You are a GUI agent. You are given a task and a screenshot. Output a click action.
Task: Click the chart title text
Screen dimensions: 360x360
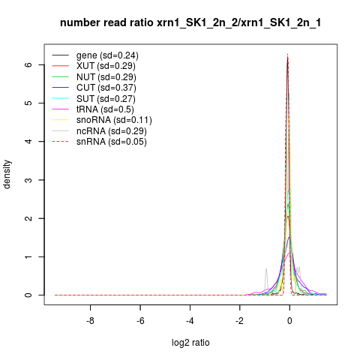(190, 23)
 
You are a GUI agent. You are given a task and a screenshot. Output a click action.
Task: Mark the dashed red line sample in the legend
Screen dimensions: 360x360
(60, 142)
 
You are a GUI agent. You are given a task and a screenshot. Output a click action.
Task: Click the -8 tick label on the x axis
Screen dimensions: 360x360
(90, 321)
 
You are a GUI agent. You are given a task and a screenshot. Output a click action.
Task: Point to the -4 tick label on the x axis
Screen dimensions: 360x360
(190, 321)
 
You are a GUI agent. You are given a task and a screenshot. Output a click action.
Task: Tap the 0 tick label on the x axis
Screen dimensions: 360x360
(289, 321)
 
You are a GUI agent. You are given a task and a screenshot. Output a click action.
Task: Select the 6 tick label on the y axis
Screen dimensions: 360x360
(28, 64)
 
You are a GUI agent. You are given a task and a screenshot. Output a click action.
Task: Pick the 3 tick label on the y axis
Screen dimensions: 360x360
(28, 180)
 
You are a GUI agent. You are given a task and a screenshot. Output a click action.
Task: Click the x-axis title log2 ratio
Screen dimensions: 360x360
(190, 343)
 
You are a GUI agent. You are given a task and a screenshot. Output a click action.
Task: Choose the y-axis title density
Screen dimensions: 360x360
(7, 175)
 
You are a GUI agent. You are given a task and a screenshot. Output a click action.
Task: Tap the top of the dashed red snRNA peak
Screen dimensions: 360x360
(288, 54)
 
